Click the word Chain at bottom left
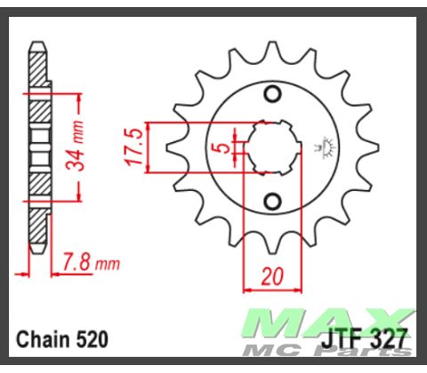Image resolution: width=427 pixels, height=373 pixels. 42,339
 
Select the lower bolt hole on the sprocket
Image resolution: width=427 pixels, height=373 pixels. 272,198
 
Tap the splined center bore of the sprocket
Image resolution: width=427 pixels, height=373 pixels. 271,147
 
